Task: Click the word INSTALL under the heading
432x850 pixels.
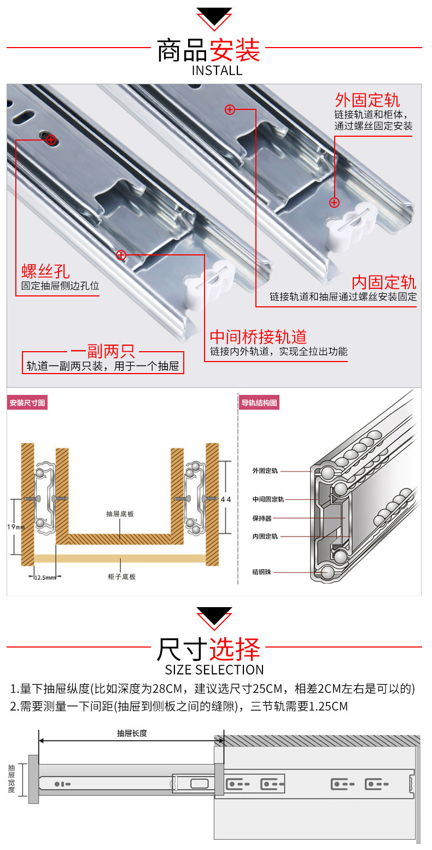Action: click(x=217, y=71)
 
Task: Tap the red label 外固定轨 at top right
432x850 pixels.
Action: click(x=367, y=100)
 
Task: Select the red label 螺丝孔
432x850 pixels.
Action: click(x=46, y=271)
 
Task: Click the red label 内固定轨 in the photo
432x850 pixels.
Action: click(x=383, y=283)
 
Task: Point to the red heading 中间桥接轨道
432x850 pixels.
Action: click(x=259, y=336)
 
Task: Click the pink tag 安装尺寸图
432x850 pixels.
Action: click(x=27, y=403)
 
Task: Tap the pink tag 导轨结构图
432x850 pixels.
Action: click(x=259, y=403)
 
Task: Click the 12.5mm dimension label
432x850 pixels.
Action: click(x=45, y=577)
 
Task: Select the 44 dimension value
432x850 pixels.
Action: click(x=226, y=499)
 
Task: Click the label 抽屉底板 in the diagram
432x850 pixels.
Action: click(x=120, y=514)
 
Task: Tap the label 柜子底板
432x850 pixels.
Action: click(x=121, y=577)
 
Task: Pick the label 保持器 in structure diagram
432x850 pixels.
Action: click(x=262, y=518)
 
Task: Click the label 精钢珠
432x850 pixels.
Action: click(x=261, y=572)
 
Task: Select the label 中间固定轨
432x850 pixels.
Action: click(x=268, y=499)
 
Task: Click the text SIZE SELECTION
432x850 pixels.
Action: click(x=214, y=669)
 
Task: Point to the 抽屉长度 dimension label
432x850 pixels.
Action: click(x=132, y=733)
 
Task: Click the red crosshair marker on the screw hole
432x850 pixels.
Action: click(x=51, y=140)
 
